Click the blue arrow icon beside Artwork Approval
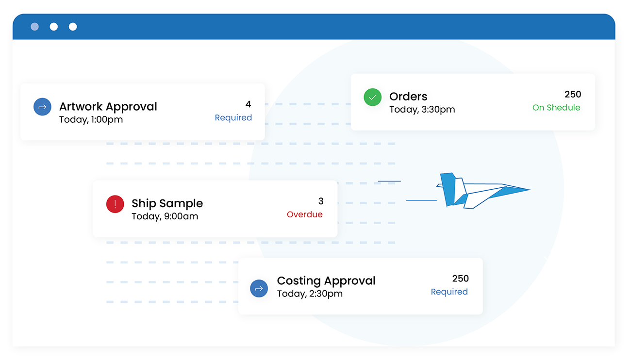pos(42,107)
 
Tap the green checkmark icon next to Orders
pos(372,97)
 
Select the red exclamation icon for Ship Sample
pos(115,204)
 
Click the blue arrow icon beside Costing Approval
pos(259,288)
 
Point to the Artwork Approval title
pos(108,107)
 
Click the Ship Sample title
pos(167,203)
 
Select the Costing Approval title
pos(326,281)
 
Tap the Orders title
pos(408,97)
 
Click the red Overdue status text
pos(304,214)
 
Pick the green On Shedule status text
pos(556,108)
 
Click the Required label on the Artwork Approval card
pos(233,117)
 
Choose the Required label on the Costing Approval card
pos(449,292)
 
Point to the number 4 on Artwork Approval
pos(248,104)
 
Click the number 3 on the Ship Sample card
pos(320,201)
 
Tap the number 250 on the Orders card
pos(573,94)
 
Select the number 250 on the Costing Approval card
pos(460,278)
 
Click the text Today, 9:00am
pos(165,216)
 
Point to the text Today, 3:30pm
pos(422,110)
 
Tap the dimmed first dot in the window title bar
pos(34,27)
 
